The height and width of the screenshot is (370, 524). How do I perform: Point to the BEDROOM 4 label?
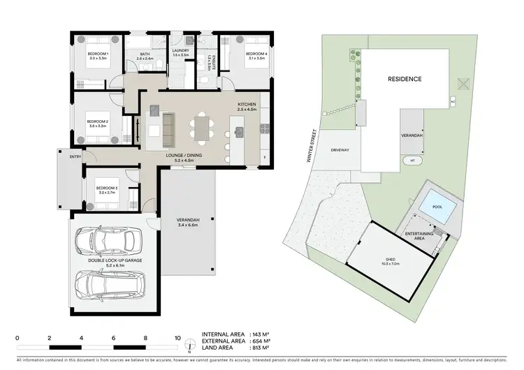point(256,54)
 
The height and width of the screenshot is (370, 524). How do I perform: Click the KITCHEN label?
point(247,104)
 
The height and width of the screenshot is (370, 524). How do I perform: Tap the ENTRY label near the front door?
point(75,156)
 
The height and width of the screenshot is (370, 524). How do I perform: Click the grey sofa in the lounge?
point(168,126)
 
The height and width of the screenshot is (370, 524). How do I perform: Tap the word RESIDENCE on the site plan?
point(405,79)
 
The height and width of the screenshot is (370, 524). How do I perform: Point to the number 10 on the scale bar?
point(177,337)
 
